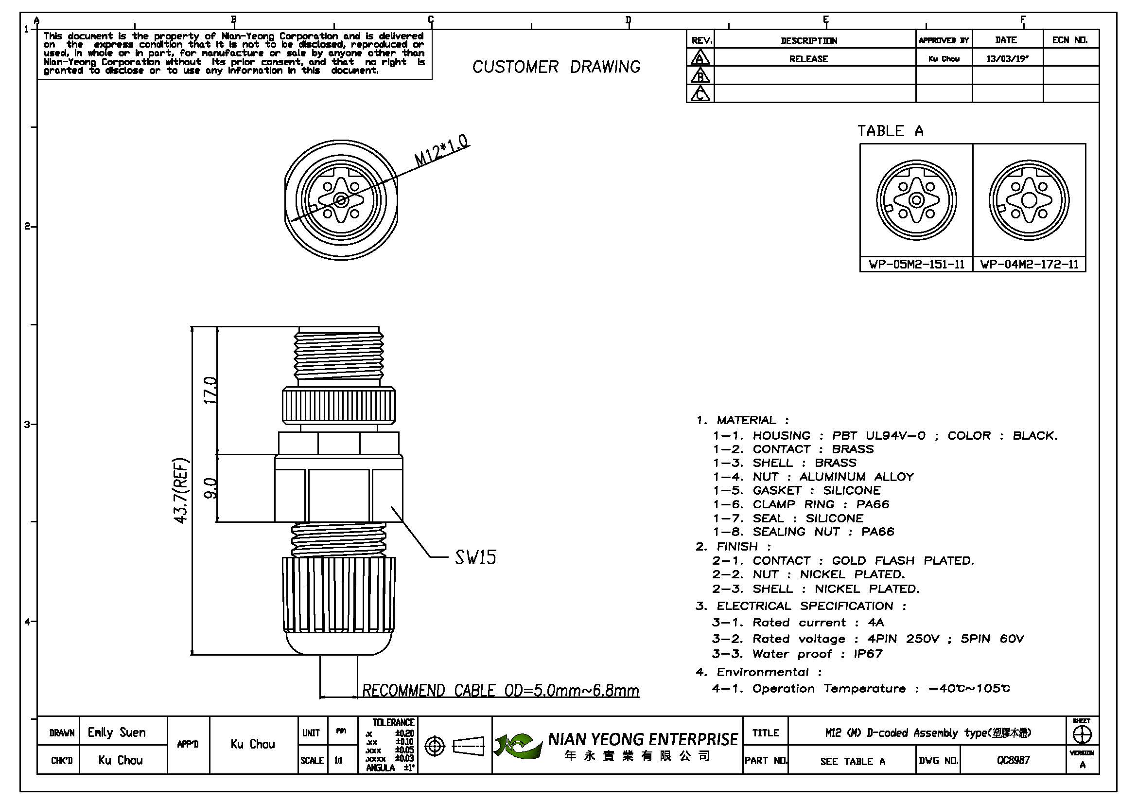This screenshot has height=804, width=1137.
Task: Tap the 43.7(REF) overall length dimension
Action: (x=181, y=490)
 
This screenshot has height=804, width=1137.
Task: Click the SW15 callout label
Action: (x=475, y=558)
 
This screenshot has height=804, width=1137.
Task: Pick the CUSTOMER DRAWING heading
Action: (x=556, y=67)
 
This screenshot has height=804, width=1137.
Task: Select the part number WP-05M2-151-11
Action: (x=916, y=265)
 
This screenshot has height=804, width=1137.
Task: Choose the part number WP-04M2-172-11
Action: (x=1029, y=265)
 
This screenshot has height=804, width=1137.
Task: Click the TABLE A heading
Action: (x=890, y=131)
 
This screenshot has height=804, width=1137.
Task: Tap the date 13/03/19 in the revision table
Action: (x=1007, y=59)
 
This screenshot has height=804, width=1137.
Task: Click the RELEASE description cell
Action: (x=808, y=59)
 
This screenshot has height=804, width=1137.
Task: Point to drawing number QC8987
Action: (x=1013, y=760)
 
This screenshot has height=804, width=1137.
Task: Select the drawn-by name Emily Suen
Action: (x=116, y=732)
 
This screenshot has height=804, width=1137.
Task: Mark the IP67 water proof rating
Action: (x=868, y=654)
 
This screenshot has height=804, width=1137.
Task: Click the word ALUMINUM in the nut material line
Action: (x=832, y=477)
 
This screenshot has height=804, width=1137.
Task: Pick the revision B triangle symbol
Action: (x=700, y=76)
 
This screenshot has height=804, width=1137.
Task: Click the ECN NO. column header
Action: (x=1069, y=40)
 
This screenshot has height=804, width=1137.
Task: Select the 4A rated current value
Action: (x=875, y=623)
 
